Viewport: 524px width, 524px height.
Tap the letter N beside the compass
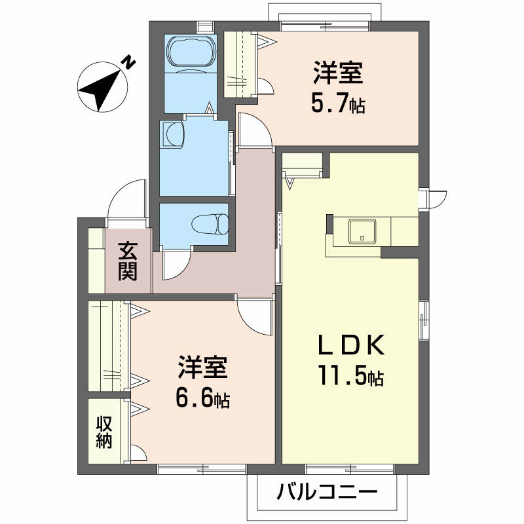click(x=129, y=63)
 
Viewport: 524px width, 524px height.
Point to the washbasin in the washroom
click(x=174, y=134)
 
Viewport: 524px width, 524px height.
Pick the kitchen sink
click(x=362, y=231)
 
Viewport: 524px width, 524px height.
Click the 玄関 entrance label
click(x=128, y=261)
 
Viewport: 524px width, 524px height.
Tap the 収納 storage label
click(x=104, y=432)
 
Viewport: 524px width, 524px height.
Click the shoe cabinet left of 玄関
click(x=96, y=260)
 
